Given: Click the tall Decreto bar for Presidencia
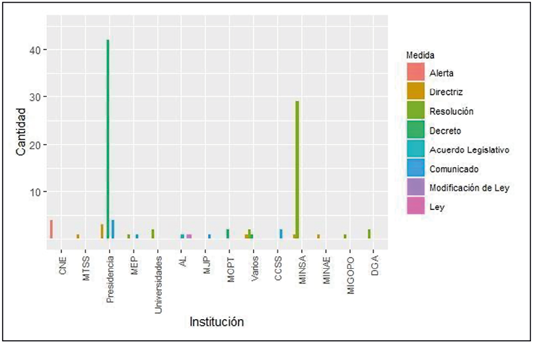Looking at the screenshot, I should tap(108, 139).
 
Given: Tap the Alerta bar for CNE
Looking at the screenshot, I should tap(51, 229).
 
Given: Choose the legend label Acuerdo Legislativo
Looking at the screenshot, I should tap(469, 150).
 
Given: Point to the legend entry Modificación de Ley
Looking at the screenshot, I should tap(469, 188).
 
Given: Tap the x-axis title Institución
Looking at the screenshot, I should tap(217, 322).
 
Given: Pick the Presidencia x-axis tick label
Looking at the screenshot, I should tap(110, 274).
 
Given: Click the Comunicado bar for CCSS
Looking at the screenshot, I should tap(281, 234).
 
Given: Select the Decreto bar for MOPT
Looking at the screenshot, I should tap(227, 234).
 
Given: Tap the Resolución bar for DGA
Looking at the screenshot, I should tap(369, 234).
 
